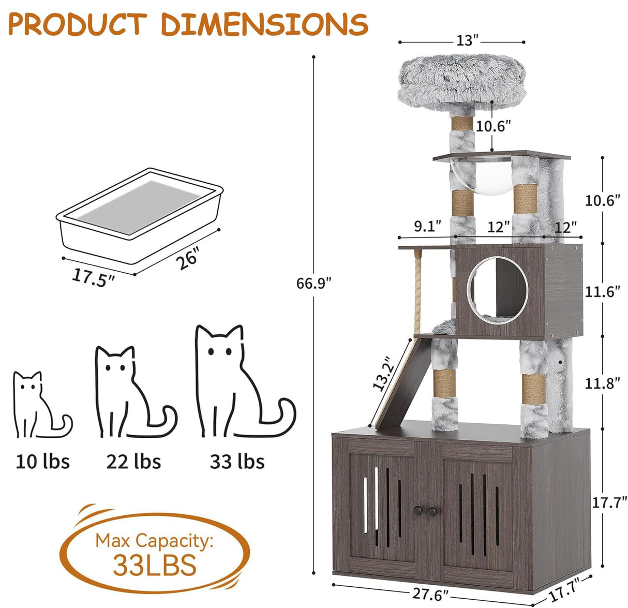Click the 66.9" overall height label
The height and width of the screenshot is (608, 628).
coord(313,283)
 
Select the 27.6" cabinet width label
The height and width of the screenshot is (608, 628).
coord(430,594)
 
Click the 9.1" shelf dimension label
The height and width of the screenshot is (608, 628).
coord(427,227)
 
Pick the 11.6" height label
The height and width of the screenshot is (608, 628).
coord(602,292)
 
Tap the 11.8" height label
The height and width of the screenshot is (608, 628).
coord(602,383)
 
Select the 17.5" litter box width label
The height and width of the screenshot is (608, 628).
coord(93,277)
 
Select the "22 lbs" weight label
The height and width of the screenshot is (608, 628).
coord(133,461)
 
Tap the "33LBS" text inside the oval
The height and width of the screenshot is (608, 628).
coord(155,565)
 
